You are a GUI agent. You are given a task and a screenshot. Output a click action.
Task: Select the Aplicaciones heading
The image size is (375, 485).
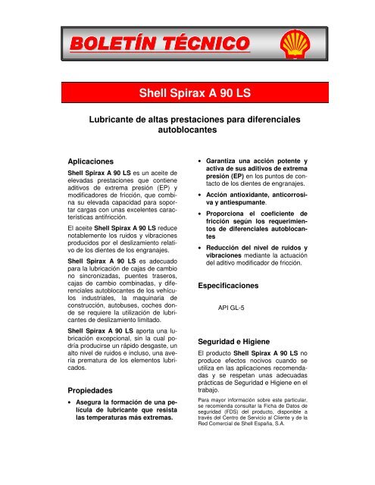91,161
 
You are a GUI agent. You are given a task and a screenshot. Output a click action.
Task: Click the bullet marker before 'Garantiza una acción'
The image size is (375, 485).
199,162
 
